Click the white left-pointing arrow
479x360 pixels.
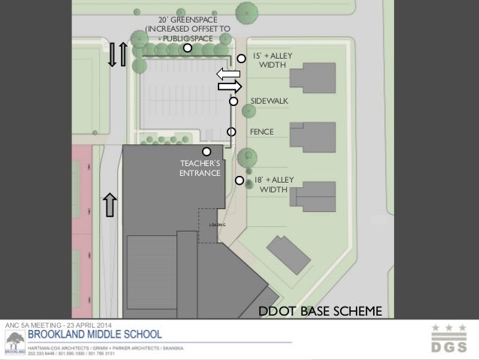[227, 74]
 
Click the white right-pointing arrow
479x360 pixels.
[229, 86]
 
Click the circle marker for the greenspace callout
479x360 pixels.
[188, 48]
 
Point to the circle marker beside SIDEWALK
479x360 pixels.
[233, 101]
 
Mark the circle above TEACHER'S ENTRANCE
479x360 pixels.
[206, 151]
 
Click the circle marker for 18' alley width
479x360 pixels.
[239, 180]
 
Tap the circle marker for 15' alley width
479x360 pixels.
[241, 58]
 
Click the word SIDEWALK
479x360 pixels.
[268, 100]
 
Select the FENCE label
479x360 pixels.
[261, 132]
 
